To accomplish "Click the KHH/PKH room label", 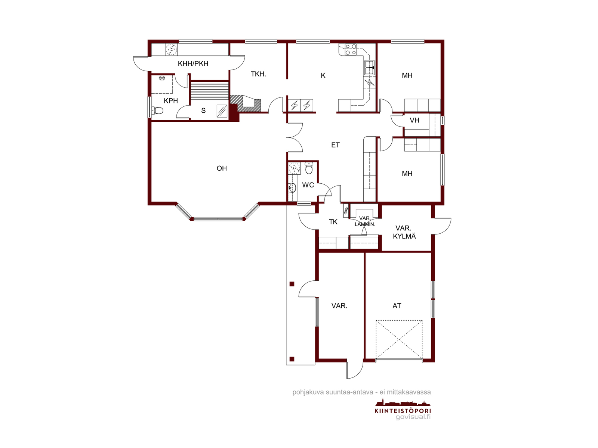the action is pyautogui.click(x=193, y=63).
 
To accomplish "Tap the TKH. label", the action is pyautogui.click(x=258, y=74).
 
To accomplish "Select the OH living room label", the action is pyautogui.click(x=222, y=168).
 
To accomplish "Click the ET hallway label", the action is pyautogui.click(x=335, y=145).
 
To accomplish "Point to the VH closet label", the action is pyautogui.click(x=414, y=120).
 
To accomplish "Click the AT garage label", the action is pyautogui.click(x=397, y=306).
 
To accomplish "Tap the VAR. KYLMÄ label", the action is pyautogui.click(x=404, y=232).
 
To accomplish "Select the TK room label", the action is pyautogui.click(x=333, y=222).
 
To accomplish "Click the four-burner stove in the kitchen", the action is pyautogui.click(x=351, y=50).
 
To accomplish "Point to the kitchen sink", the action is pyautogui.click(x=369, y=68).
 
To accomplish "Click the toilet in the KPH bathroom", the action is pyautogui.click(x=157, y=111).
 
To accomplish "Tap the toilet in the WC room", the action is pyautogui.click(x=309, y=168).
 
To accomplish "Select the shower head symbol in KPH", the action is pyautogui.click(x=162, y=78).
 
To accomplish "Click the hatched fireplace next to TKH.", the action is pyautogui.click(x=246, y=103).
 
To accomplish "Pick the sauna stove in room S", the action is pyautogui.click(x=222, y=111).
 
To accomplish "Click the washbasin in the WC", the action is pyautogui.click(x=292, y=188).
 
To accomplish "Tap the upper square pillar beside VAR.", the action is pyautogui.click(x=292, y=284).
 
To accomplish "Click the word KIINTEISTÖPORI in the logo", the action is pyautogui.click(x=403, y=411).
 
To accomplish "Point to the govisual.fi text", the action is pyautogui.click(x=413, y=417).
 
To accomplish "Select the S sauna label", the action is pyautogui.click(x=203, y=111).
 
